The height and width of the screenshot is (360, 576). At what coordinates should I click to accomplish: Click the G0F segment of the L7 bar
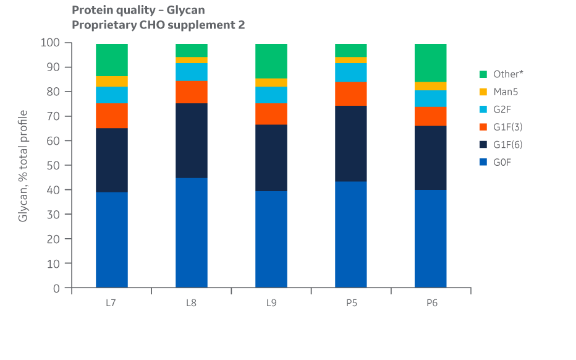pyautogui.click(x=112, y=239)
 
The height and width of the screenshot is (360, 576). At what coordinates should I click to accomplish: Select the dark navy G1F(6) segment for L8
pyautogui.click(x=192, y=140)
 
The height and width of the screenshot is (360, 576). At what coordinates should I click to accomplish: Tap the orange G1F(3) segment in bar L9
pyautogui.click(x=271, y=114)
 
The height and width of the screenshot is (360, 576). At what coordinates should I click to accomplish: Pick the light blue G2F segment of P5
pyautogui.click(x=351, y=72)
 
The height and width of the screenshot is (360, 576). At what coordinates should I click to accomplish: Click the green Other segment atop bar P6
pyautogui.click(x=431, y=62)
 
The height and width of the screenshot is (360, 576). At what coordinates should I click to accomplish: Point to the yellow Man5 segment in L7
pyautogui.click(x=112, y=81)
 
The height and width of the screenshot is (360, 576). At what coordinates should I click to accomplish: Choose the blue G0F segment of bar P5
pyautogui.click(x=351, y=234)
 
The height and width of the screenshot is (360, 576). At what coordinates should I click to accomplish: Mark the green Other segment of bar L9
pyautogui.click(x=271, y=61)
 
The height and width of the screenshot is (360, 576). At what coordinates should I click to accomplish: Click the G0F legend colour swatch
pyautogui.click(x=483, y=163)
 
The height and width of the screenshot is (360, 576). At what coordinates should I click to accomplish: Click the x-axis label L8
pyautogui.click(x=192, y=303)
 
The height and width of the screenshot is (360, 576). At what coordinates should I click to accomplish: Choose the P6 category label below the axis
pyautogui.click(x=431, y=303)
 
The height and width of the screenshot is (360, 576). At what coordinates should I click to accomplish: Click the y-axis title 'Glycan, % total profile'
pyautogui.click(x=23, y=165)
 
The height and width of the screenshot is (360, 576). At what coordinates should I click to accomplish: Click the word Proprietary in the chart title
pyautogui.click(x=101, y=25)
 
